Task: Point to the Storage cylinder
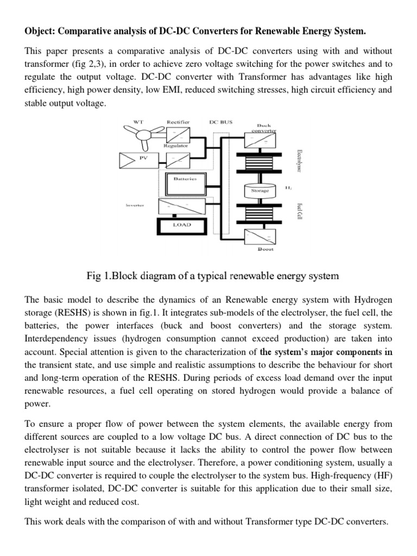(x=259, y=191)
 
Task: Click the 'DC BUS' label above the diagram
(x=220, y=122)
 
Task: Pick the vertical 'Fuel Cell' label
(x=299, y=211)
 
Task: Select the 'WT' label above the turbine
(x=138, y=123)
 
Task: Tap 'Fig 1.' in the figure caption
(x=101, y=276)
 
